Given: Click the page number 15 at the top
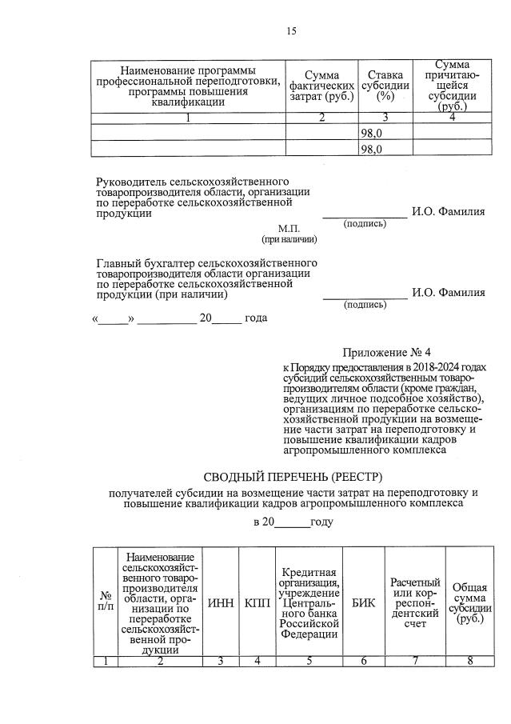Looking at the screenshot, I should tap(291, 31).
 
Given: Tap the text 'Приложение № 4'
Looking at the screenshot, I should tap(386, 353).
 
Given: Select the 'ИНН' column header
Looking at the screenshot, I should tap(221, 602).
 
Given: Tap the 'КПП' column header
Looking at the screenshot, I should tap(257, 602).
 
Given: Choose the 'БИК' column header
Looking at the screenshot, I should tap(363, 602).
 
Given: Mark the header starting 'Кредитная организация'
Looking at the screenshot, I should tap(309, 602).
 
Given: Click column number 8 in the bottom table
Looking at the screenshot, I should tap(469, 660).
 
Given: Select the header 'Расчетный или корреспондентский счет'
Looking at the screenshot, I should tap(415, 602).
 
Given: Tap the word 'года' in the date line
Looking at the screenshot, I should tap(256, 318).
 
